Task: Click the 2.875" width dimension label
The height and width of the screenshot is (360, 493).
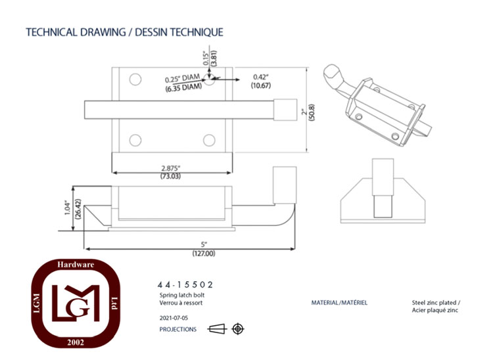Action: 171,168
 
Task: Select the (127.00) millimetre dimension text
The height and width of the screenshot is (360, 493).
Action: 204,254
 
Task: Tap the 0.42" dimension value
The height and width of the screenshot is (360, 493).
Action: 261,77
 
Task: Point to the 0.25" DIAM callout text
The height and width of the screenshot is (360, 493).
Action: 182,79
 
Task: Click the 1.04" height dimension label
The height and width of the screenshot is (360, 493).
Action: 67,208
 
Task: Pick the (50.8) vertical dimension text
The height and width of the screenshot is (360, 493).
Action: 312,112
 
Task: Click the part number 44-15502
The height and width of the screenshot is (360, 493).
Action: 185,285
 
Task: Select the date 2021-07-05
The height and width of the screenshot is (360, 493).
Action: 174,318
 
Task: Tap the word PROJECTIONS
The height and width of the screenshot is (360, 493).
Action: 178,329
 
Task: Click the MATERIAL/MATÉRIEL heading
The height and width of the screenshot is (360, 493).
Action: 339,303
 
